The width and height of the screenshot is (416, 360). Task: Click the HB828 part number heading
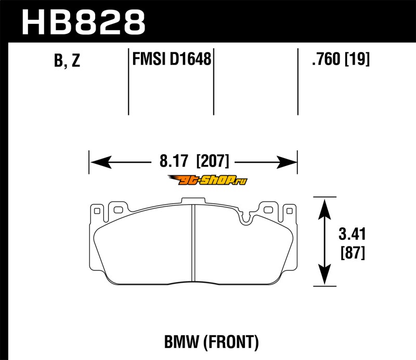coord(84,22)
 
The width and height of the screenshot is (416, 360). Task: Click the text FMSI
coord(150,59)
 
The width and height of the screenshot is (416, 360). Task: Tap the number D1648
coord(190,59)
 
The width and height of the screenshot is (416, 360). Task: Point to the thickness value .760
coord(326,59)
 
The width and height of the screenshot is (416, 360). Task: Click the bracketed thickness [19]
coord(357,59)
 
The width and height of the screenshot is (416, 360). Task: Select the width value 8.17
coord(174,161)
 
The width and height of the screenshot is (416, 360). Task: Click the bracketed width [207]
coord(212,161)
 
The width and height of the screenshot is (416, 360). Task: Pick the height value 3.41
coord(352,234)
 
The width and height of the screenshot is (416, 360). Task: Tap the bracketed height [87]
coord(353,253)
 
